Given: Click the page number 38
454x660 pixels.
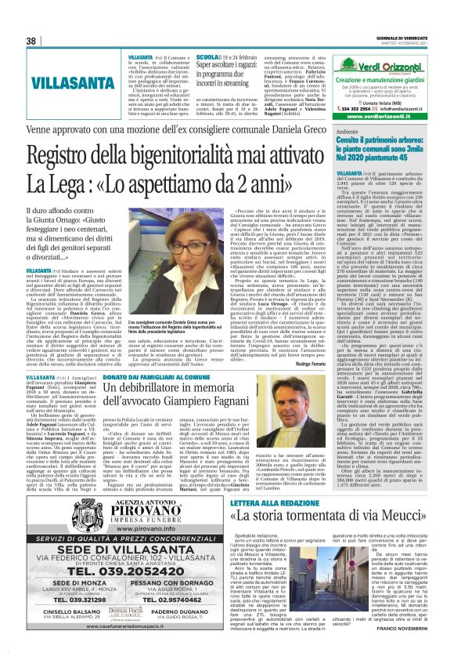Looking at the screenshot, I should (31, 41).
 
